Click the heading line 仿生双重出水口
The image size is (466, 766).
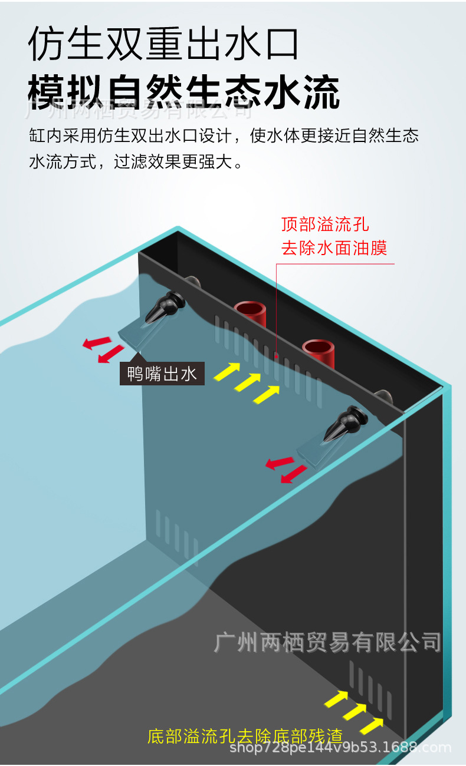coord(163,44)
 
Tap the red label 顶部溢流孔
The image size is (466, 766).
coord(325,224)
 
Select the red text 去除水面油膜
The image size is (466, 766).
coord(334,248)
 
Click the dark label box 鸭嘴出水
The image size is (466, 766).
coord(162,374)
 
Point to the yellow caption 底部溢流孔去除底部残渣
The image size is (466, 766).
coord(245,736)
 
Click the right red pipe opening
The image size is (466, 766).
coord(319,348)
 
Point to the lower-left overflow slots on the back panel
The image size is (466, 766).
coord(176,534)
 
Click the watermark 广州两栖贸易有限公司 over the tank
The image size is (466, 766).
coord(327,642)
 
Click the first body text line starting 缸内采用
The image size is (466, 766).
coord(224,136)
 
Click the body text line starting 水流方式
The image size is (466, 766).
coord(136,162)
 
